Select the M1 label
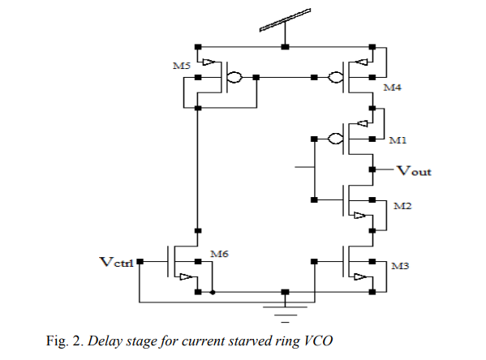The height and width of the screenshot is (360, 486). tap(398, 140)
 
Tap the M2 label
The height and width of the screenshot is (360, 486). tap(402, 207)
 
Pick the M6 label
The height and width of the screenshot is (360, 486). tap(218, 254)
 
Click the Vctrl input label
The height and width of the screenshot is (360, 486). tap(115, 262)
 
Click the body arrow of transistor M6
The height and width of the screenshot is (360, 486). tap(187, 276)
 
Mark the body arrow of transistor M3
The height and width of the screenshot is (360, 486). tap(358, 276)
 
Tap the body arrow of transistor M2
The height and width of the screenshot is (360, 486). tap(358, 215)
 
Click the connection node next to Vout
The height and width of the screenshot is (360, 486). tap(372, 169)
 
